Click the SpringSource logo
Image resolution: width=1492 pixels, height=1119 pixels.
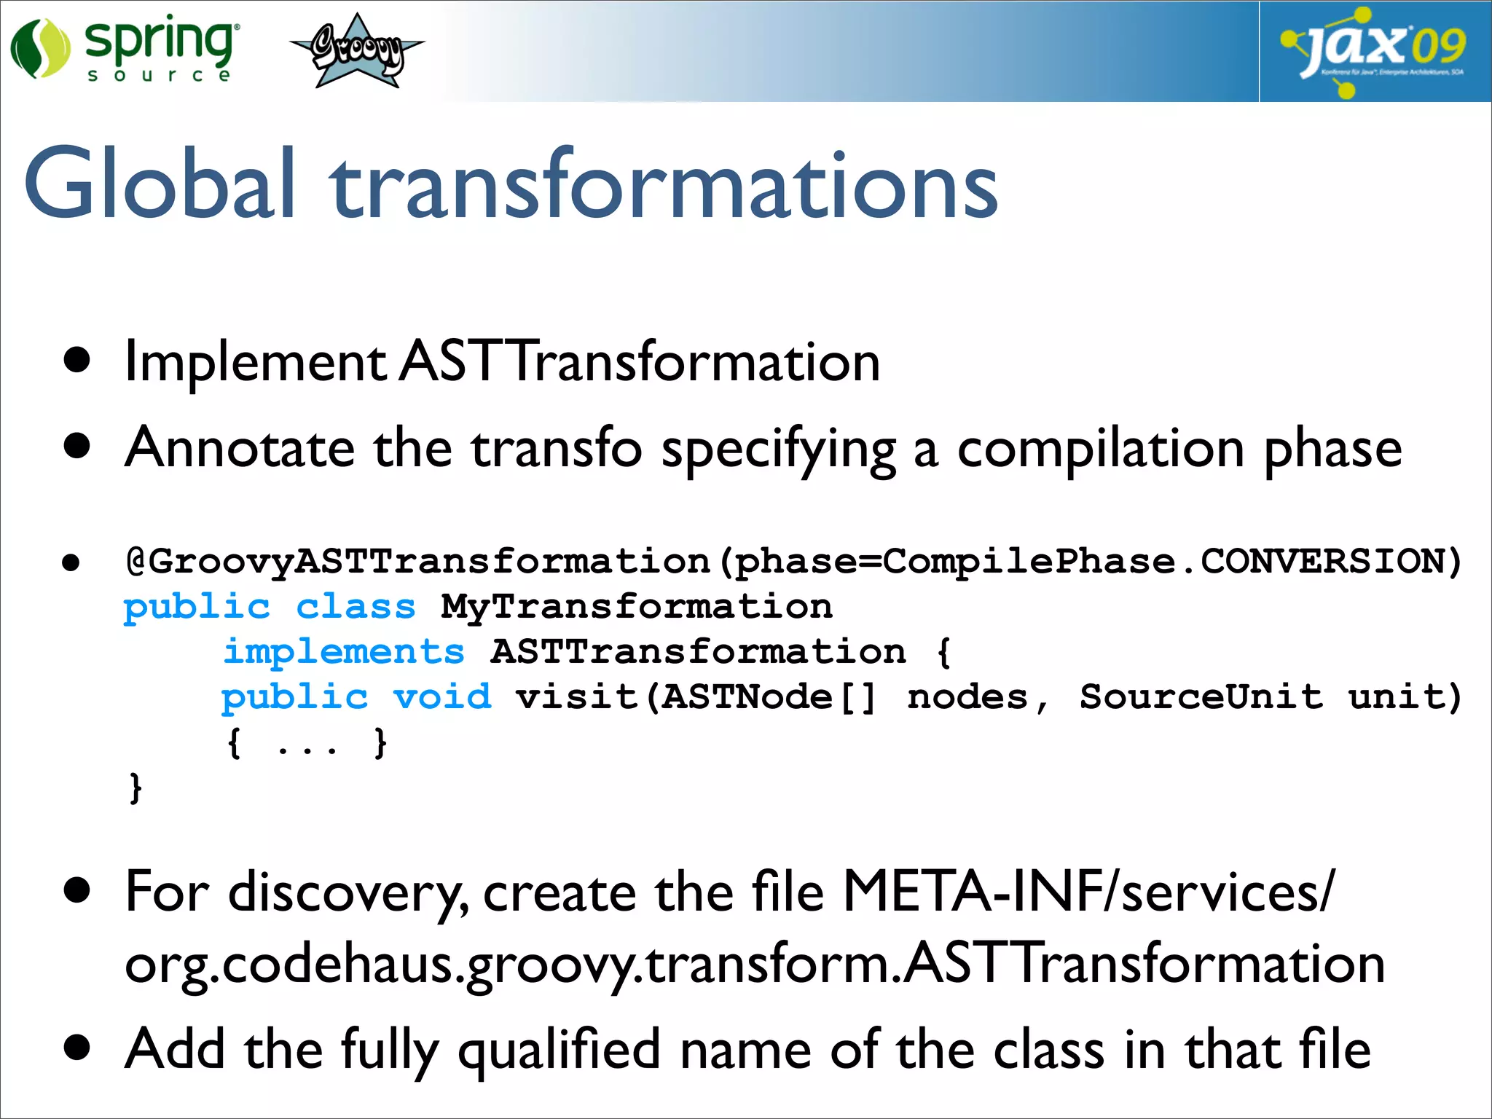[124, 48]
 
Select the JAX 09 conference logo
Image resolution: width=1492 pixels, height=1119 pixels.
[1374, 51]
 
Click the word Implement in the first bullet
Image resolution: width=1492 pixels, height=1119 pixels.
[255, 362]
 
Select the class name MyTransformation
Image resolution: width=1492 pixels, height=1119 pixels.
[637, 607]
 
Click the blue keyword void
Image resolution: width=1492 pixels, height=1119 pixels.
[442, 697]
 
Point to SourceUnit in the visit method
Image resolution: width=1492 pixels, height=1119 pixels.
[1201, 697]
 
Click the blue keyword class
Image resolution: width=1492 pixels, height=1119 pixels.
[356, 607]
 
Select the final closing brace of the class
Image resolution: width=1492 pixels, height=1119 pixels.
[136, 788]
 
